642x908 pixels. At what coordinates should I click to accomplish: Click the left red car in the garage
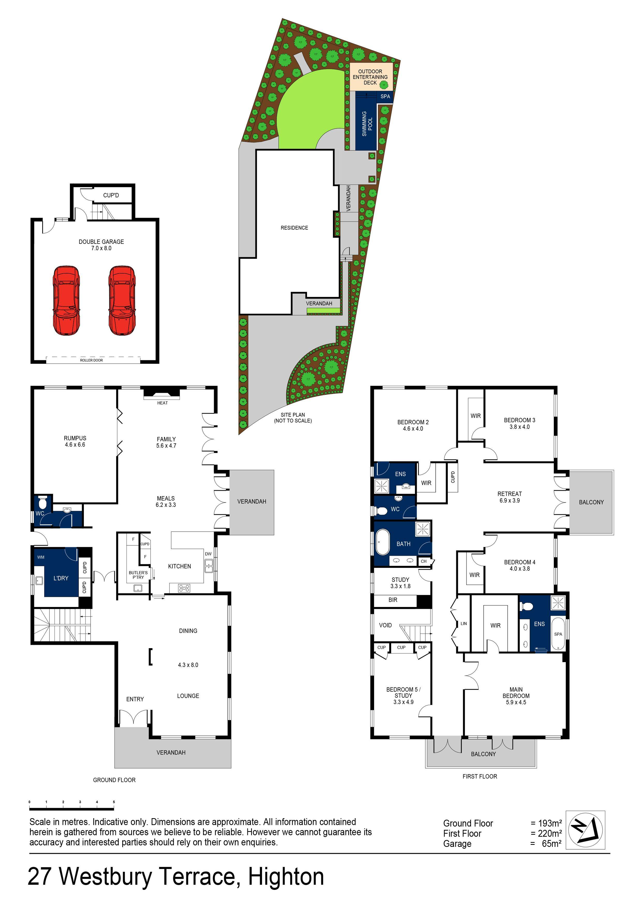(x=67, y=301)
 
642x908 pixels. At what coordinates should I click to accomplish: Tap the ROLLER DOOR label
(x=91, y=360)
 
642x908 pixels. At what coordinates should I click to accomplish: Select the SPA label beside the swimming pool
(x=385, y=97)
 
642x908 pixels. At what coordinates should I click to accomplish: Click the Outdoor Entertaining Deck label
(x=370, y=77)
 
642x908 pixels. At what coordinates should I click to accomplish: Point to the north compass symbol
(x=585, y=829)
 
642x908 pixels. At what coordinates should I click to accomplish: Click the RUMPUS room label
(x=75, y=441)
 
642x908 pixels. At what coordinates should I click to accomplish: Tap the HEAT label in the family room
(x=162, y=403)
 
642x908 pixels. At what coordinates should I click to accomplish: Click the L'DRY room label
(x=61, y=578)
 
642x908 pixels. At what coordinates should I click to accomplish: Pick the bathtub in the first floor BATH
(x=383, y=543)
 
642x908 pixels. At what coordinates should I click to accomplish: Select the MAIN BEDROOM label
(x=516, y=696)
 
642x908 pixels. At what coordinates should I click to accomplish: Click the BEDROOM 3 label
(x=519, y=423)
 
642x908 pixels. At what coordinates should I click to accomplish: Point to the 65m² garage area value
(x=551, y=844)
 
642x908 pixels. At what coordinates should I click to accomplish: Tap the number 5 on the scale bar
(x=114, y=802)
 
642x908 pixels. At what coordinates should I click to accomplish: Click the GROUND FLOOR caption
(x=114, y=780)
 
